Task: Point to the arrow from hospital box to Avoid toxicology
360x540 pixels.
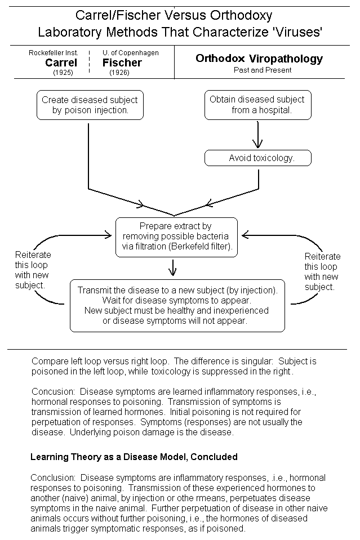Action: [257, 135]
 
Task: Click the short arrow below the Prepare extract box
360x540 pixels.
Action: [172, 268]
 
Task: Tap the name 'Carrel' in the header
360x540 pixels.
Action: [61, 63]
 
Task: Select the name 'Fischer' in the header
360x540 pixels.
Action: [122, 63]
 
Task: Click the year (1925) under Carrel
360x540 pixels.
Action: [63, 73]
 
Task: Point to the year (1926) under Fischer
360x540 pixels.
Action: [119, 73]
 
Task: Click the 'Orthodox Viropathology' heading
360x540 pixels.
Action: [259, 59]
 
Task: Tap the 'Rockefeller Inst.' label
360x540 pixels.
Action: [54, 53]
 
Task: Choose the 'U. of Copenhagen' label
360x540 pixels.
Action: [131, 53]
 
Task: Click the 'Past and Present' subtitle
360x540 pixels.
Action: [263, 70]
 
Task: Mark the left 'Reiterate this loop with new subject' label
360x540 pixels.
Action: [33, 270]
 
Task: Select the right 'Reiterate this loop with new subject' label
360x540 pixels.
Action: [322, 272]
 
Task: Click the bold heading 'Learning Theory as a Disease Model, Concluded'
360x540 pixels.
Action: [134, 457]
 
